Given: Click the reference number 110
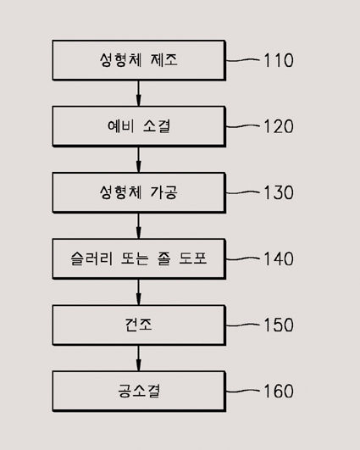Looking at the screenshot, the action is [278, 60].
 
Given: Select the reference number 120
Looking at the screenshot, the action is [278, 126].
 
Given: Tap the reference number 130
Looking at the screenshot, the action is [278, 192].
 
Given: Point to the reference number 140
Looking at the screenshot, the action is [278, 258].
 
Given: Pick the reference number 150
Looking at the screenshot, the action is [278, 325].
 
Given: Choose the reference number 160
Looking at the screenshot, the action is [278, 391].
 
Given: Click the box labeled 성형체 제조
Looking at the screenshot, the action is [139, 60].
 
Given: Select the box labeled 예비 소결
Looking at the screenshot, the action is [139, 126].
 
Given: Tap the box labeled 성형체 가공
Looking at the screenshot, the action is [139, 192].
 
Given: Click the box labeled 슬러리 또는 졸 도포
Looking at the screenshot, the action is [139, 258].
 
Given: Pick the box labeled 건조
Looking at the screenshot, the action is [139, 325].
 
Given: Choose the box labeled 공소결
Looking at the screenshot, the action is [139, 392].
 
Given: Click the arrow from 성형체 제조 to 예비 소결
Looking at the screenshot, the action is [139, 93].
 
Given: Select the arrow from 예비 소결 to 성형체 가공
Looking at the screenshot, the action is [139, 159].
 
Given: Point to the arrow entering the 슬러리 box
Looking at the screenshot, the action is [139, 226].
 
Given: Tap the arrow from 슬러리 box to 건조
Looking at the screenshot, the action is [139, 292].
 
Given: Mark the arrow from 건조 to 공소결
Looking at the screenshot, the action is [139, 358].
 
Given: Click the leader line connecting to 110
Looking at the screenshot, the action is [242, 60].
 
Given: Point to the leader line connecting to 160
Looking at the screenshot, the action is [242, 391].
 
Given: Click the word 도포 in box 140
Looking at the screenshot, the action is [192, 258].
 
